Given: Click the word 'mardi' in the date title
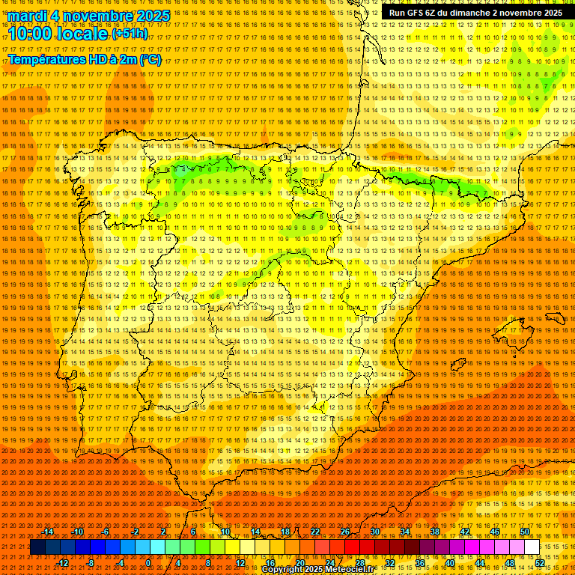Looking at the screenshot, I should coord(28,16).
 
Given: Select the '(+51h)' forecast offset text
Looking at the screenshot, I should coord(130,34).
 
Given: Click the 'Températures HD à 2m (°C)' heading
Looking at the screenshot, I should coord(85,60).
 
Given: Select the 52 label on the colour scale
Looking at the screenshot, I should coord(540,563).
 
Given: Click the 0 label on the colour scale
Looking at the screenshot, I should coord(148,563).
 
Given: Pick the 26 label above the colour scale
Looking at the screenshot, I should coord(345,532).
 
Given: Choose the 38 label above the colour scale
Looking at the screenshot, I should coord(435,532).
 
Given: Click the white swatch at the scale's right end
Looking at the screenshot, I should coord(532,547).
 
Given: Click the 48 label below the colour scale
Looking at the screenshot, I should coord(510,563).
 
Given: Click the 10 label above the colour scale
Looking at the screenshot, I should coord(225,532).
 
